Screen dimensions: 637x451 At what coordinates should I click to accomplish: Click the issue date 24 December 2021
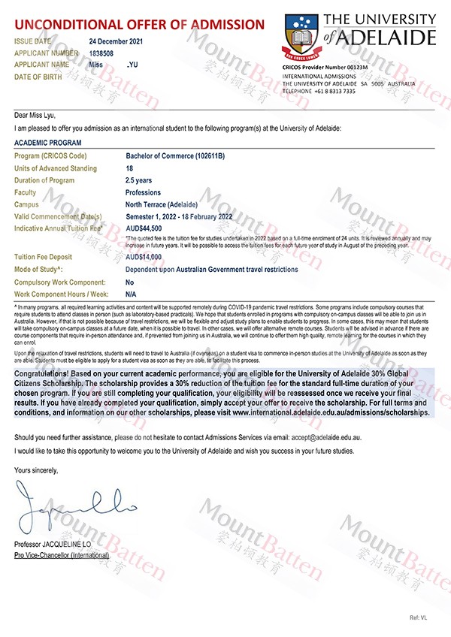coord(115,41)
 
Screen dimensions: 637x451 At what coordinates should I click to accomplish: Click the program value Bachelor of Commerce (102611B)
coord(175,155)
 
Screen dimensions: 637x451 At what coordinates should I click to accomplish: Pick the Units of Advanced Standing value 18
coord(129,168)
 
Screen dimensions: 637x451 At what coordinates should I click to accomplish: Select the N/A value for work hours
coord(131,294)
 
